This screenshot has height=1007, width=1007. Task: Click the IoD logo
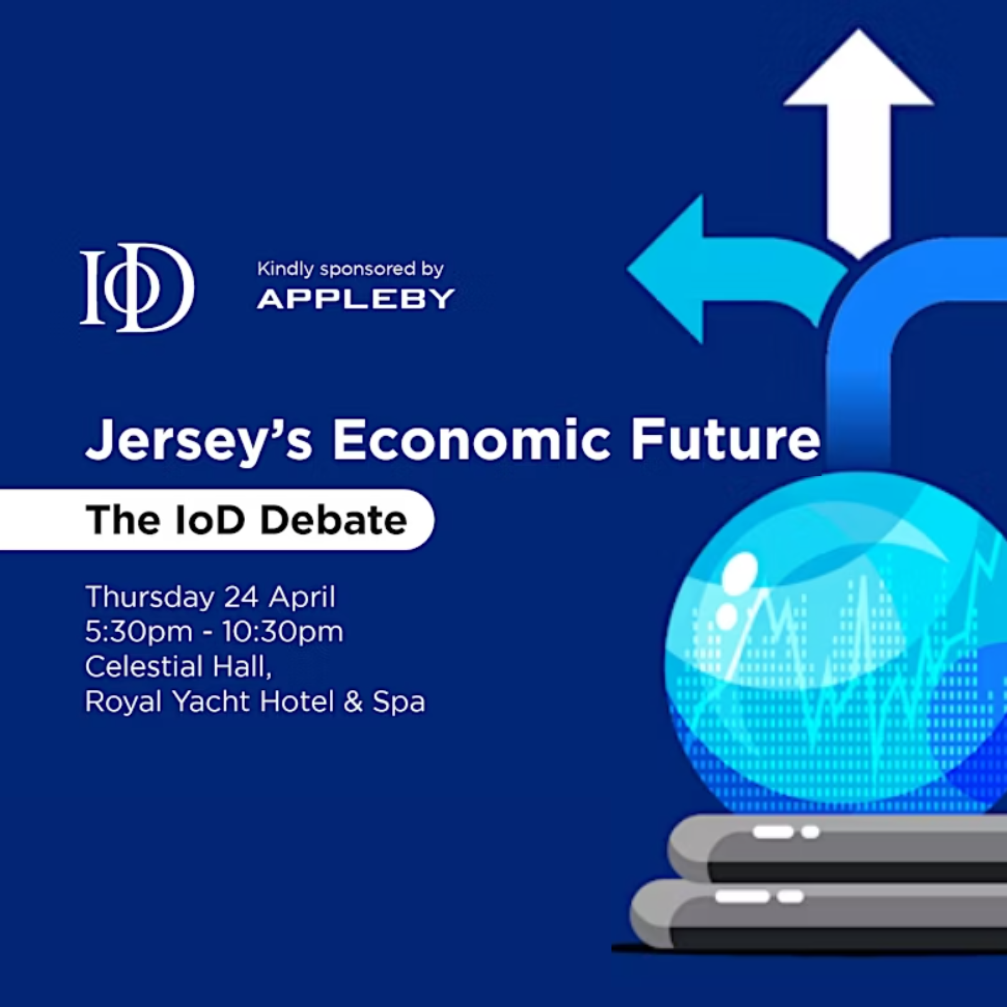tap(137, 287)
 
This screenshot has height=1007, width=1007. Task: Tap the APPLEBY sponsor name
tap(356, 299)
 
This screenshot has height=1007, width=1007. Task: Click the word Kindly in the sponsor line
tap(285, 269)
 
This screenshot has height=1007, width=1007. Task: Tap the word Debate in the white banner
tap(334, 520)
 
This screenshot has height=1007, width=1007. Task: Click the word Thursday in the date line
tap(150, 597)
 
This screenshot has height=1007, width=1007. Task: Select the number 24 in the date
tap(241, 597)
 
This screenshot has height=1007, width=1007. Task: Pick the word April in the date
tap(302, 597)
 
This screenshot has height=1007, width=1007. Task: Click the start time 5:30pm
tap(138, 632)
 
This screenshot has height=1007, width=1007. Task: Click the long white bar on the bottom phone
tap(742, 896)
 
